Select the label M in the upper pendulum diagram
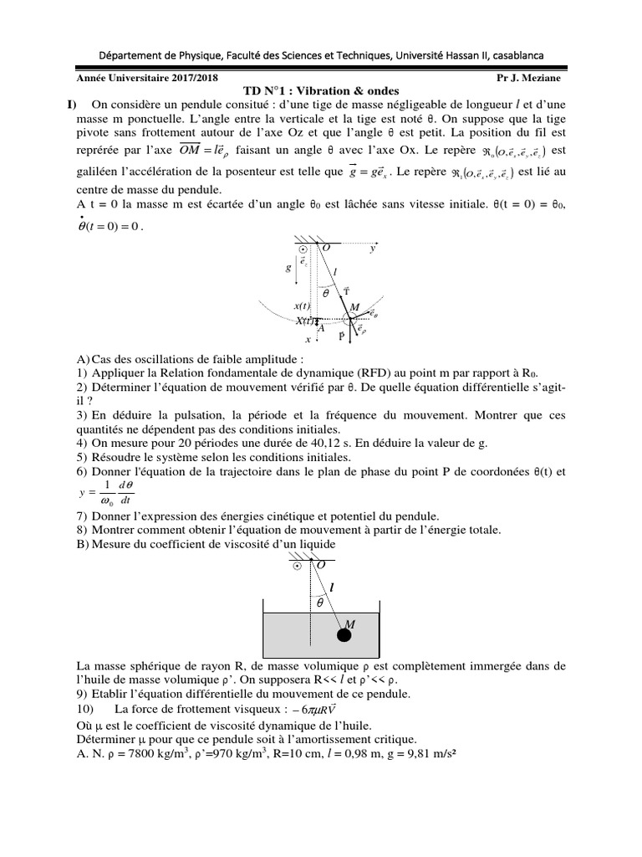pyautogui.click(x=354, y=307)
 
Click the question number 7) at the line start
pyautogui.click(x=81, y=516)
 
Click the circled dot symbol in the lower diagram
pyautogui.click(x=295, y=566)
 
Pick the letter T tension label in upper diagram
pyautogui.click(x=346, y=289)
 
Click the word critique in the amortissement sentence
pyautogui.click(x=396, y=739)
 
